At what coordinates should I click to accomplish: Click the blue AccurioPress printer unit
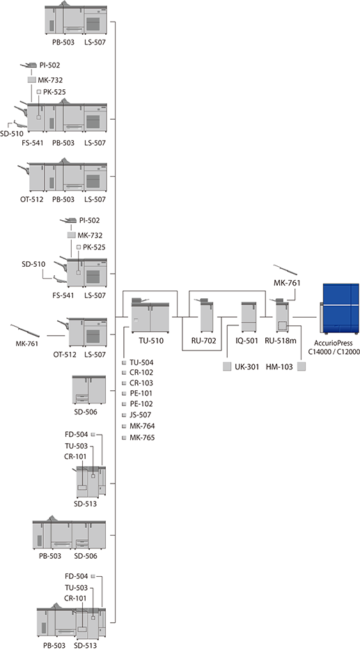click(339, 309)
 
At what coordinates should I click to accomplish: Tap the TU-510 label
click(151, 341)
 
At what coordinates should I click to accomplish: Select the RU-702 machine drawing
click(206, 315)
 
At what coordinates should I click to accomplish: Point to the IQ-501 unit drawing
click(249, 317)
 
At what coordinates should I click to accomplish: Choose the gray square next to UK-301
click(227, 367)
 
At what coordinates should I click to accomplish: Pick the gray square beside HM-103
click(302, 367)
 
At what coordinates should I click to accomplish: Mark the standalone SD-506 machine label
click(86, 412)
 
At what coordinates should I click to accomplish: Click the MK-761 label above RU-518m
click(287, 283)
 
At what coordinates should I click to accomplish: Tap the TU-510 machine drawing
click(150, 316)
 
